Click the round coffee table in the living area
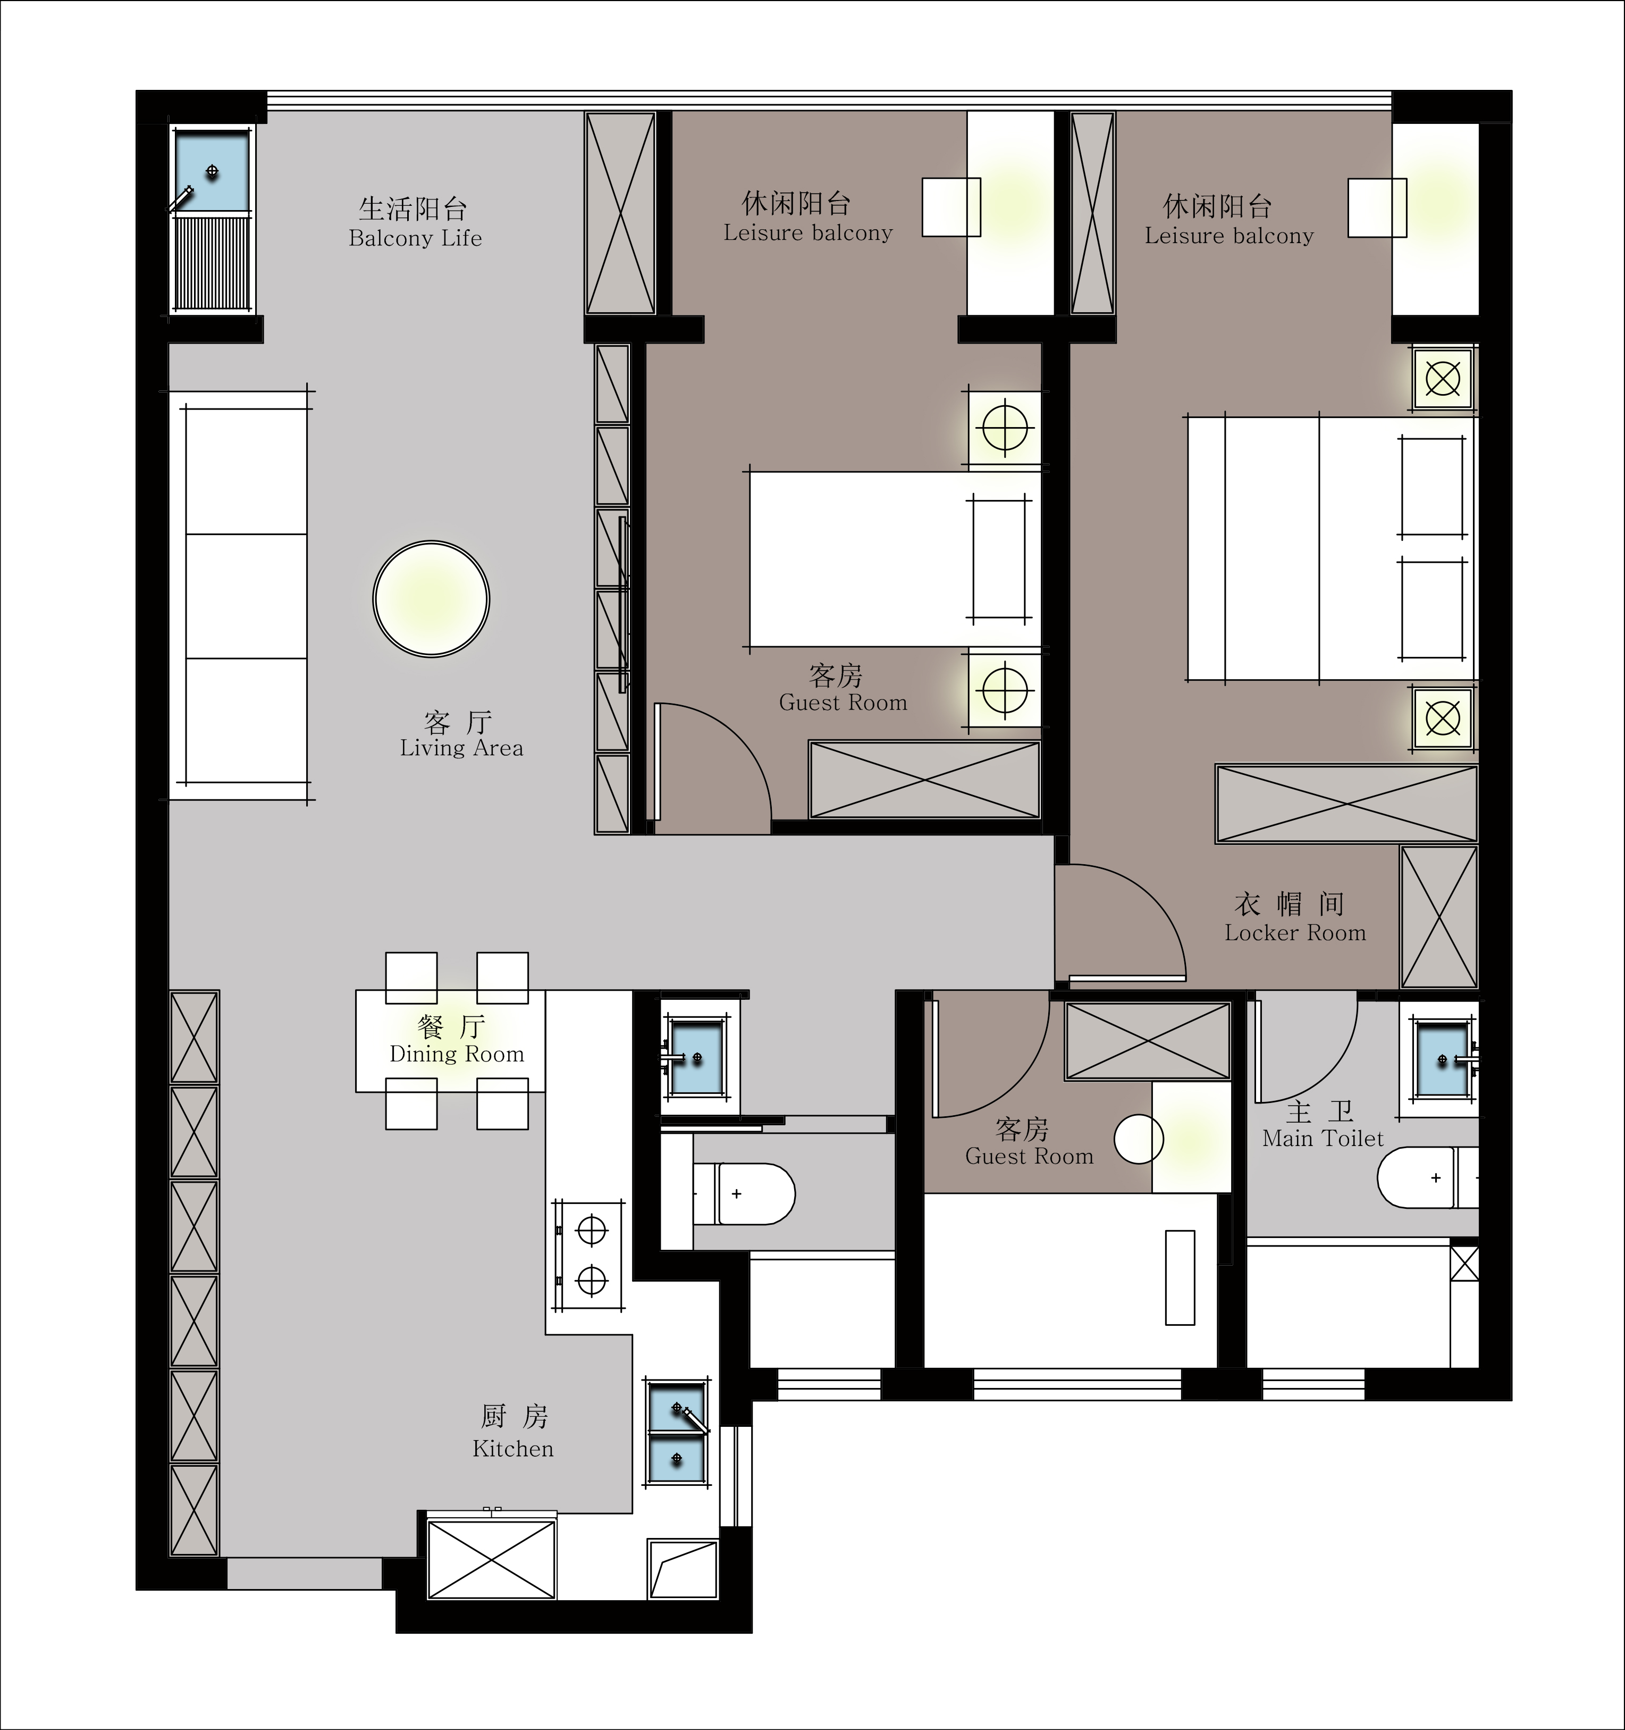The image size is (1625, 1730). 432,599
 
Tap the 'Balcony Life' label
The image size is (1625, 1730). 415,238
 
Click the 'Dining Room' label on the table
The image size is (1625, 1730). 457,1054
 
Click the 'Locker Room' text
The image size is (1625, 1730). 1295,933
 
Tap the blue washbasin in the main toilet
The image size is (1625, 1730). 1442,1059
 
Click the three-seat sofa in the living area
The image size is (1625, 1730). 245,595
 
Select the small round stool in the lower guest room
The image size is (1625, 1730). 1139,1139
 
